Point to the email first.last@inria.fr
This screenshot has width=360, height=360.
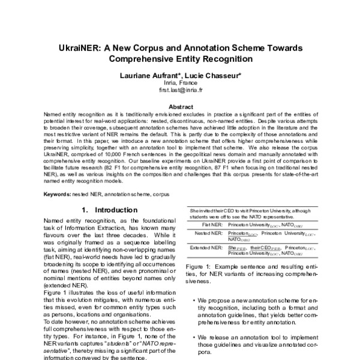(x=180, y=91)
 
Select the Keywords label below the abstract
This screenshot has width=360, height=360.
(x=58, y=195)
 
